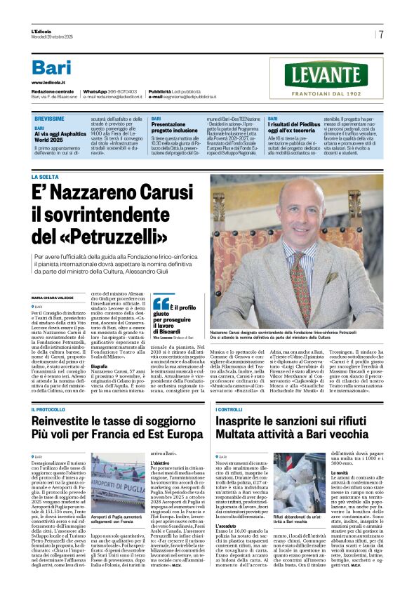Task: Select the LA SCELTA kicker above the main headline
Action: [x=45, y=177]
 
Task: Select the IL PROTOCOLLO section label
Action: [x=48, y=409]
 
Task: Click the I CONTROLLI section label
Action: [x=229, y=409]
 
